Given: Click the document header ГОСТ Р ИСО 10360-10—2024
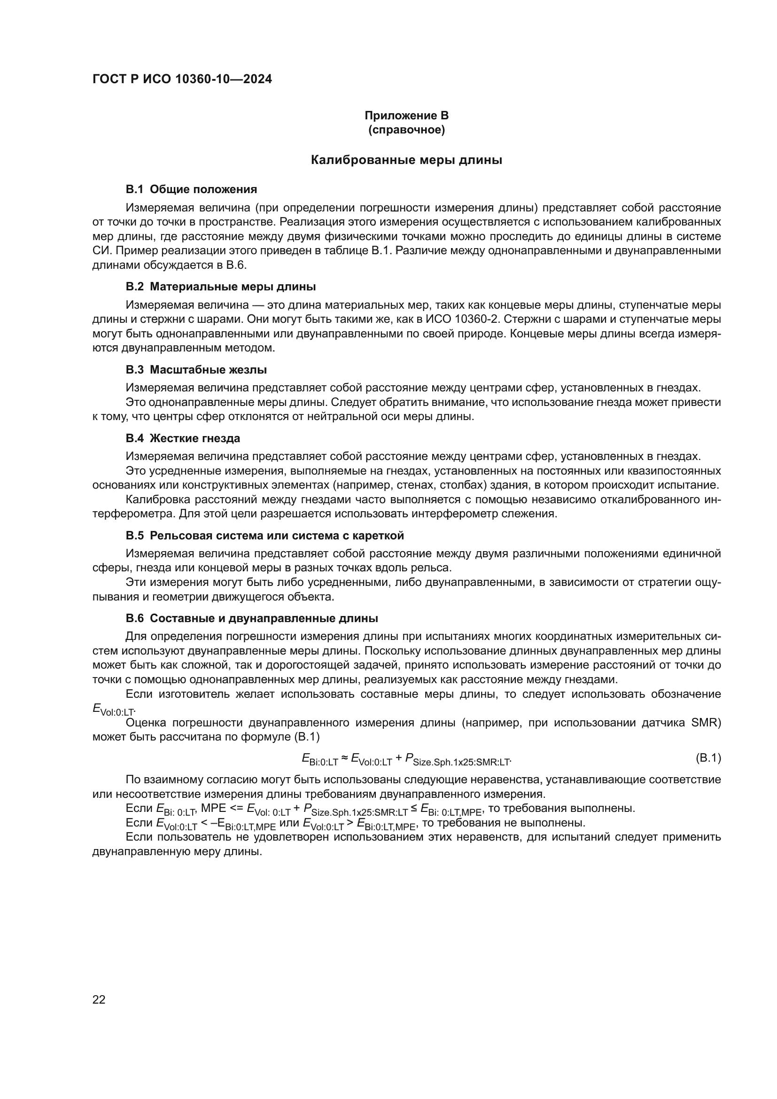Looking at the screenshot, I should (x=182, y=79).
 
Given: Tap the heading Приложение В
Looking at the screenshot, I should (x=406, y=116).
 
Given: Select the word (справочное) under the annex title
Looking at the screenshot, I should (x=406, y=130).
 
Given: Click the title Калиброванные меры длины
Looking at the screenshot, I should (x=406, y=160).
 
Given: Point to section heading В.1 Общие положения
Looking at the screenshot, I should (x=191, y=189).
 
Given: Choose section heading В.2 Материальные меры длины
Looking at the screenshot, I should (x=221, y=287).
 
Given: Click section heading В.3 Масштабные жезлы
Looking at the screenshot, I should (x=196, y=369).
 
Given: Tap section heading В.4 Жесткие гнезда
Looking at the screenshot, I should (x=183, y=438).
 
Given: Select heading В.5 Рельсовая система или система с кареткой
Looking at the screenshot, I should (x=264, y=535).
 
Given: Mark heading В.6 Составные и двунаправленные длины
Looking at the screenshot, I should (x=252, y=618).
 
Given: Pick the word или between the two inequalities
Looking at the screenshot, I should (x=289, y=823).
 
